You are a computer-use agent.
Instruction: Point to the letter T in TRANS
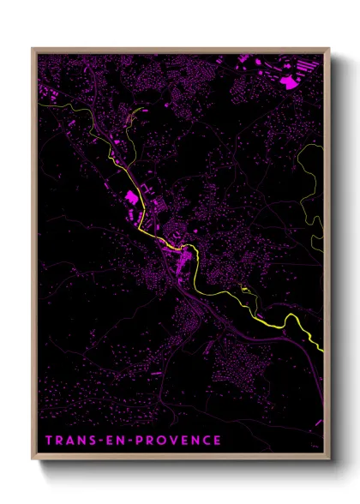coord(48,441)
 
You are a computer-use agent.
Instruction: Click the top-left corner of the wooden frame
coord(33,48)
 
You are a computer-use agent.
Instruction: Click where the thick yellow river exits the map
coord(323,350)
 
